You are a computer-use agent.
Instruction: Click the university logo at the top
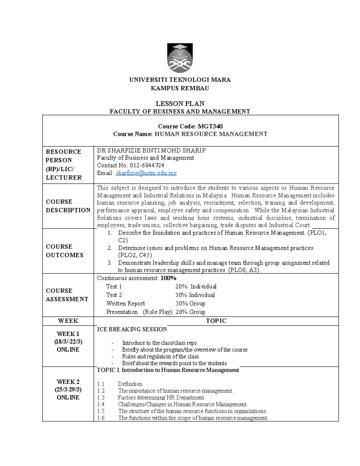click(x=180, y=58)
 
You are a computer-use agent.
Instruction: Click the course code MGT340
click(x=210, y=126)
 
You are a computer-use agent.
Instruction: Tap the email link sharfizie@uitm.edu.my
click(x=146, y=173)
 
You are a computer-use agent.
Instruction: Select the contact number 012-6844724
click(x=147, y=165)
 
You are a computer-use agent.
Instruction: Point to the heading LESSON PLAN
click(x=180, y=104)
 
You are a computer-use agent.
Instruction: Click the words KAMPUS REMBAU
click(x=180, y=88)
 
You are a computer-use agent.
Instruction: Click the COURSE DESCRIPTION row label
click(x=68, y=206)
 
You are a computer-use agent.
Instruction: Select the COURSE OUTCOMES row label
click(x=64, y=251)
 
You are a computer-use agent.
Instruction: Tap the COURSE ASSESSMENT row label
click(x=67, y=295)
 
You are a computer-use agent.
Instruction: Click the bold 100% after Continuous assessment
click(x=168, y=278)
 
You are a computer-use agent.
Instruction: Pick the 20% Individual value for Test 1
click(x=196, y=287)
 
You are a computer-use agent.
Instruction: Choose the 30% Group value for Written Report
click(x=190, y=303)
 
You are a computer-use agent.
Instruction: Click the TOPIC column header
click(x=216, y=321)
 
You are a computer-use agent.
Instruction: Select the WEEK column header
click(x=68, y=321)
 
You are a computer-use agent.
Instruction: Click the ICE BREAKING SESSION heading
click(x=132, y=329)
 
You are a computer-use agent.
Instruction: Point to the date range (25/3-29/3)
click(x=68, y=389)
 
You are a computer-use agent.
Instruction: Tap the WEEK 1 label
click(x=68, y=334)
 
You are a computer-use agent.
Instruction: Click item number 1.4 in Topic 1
click(x=101, y=404)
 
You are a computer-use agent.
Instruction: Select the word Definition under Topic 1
click(x=130, y=384)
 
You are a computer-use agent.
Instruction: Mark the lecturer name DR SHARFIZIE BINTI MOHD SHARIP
click(x=151, y=150)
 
